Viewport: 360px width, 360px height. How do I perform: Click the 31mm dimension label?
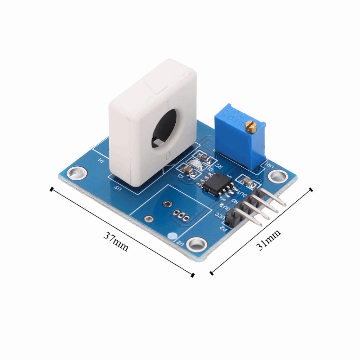click(268, 240)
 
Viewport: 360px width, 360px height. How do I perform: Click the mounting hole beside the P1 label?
click(77, 173)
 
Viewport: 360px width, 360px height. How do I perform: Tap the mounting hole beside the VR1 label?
click(278, 175)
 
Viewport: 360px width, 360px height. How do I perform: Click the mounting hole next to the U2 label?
click(196, 244)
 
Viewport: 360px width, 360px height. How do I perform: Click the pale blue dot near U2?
click(172, 237)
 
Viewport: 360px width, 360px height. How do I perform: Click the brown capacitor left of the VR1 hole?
click(249, 181)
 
